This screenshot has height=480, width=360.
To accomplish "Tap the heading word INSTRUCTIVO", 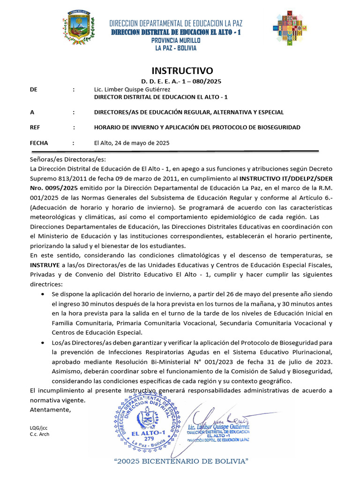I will (x=182, y=71).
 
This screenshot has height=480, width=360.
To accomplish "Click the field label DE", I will (x=33, y=90).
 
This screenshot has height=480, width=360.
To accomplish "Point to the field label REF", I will (x=35, y=127).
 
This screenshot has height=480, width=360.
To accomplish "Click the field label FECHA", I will (x=38, y=143).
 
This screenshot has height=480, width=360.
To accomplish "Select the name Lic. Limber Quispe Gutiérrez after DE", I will (x=129, y=90).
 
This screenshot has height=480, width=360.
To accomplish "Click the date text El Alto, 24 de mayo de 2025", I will (x=132, y=143).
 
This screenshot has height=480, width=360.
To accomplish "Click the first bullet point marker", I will (x=44, y=294).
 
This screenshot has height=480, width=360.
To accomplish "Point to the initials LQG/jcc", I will (x=38, y=427).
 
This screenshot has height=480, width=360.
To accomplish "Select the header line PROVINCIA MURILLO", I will (x=176, y=40).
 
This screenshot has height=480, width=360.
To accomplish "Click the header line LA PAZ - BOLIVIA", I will (x=176, y=48).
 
